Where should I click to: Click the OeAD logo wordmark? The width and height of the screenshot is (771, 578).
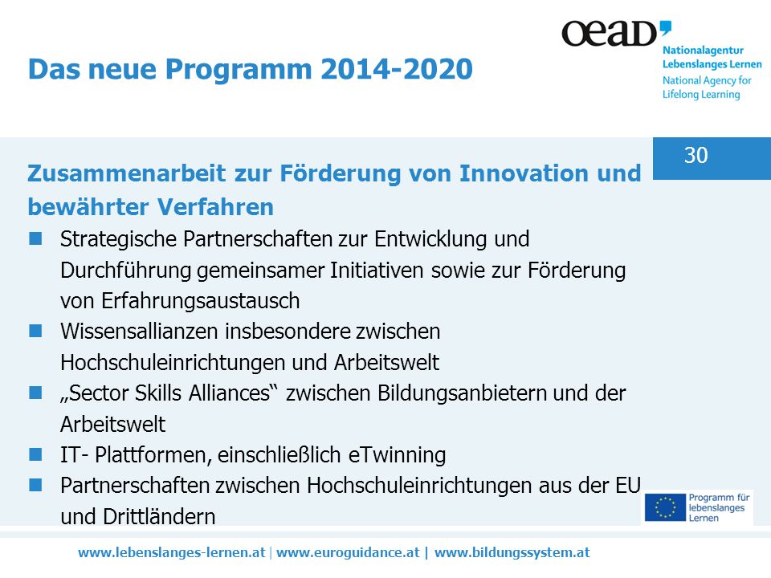(x=616, y=34)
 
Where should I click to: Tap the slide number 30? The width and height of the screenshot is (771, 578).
(x=696, y=155)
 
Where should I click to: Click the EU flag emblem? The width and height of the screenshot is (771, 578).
(x=665, y=507)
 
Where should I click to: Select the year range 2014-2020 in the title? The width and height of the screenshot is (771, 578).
(x=396, y=68)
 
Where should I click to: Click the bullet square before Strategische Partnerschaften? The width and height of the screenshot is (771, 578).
(x=35, y=238)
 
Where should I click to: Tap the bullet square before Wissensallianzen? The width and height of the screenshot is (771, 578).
(x=35, y=331)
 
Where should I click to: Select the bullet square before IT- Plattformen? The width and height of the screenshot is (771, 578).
(x=35, y=454)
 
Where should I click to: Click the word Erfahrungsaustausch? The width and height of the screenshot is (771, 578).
(x=201, y=301)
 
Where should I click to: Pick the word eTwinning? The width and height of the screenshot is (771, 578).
(x=398, y=454)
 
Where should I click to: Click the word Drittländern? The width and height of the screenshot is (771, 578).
(x=159, y=516)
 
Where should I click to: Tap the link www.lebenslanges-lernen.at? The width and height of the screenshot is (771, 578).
(x=172, y=552)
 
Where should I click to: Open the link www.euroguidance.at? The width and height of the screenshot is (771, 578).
(x=348, y=552)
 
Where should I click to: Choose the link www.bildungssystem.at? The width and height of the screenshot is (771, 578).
(x=512, y=552)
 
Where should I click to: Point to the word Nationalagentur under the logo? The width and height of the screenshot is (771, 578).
(x=704, y=50)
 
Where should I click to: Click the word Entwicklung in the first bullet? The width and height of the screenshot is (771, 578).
(x=430, y=239)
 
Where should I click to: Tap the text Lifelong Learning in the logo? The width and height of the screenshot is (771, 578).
(x=701, y=95)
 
